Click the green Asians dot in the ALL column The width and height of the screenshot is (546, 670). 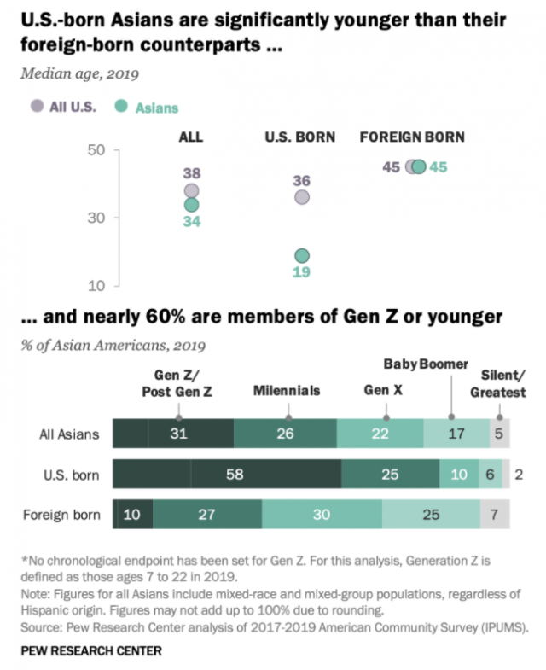click(191, 205)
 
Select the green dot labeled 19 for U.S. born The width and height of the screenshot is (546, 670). click(302, 255)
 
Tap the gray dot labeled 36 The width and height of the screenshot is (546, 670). click(302, 197)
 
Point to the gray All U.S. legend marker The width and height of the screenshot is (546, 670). click(36, 106)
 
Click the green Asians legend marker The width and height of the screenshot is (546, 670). click(122, 106)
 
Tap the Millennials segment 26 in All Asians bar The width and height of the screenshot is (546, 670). click(286, 434)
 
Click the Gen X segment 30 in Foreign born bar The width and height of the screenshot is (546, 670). click(322, 515)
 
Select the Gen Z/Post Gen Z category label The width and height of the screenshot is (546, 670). click(177, 382)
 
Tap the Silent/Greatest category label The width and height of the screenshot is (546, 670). click(502, 382)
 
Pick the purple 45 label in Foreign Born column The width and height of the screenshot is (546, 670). click(392, 166)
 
